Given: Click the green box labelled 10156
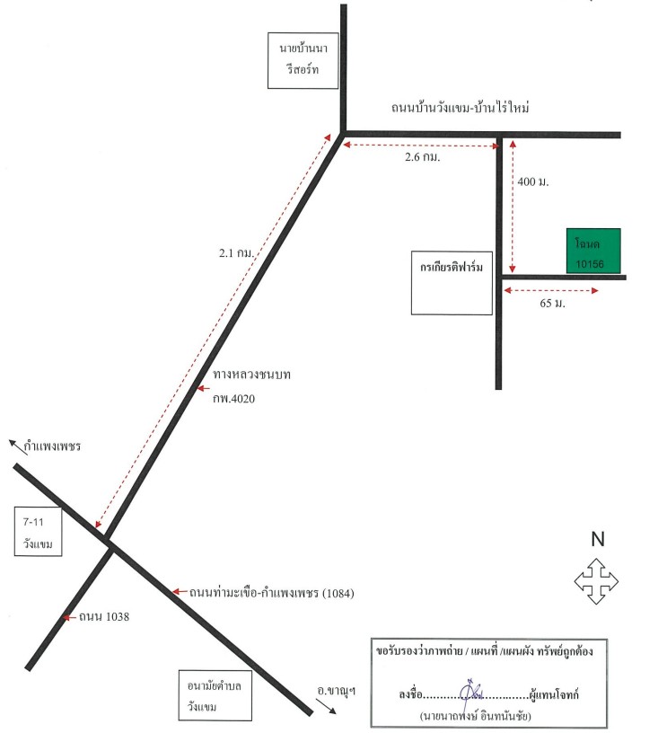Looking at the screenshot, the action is [x=593, y=251].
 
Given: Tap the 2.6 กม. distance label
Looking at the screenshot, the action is [x=422, y=157].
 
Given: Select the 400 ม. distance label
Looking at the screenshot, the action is [x=533, y=181].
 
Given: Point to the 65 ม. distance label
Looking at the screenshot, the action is [x=552, y=303].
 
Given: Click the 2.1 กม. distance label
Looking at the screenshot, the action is [x=236, y=253].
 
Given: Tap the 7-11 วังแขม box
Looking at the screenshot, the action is [x=38, y=532].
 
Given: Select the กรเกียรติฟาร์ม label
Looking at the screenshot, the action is [x=452, y=268].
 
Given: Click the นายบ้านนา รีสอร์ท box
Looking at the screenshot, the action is [x=303, y=60].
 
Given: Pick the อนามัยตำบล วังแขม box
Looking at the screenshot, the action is [x=215, y=695].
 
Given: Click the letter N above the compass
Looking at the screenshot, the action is [x=598, y=539].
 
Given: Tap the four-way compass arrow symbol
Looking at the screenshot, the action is [x=596, y=581].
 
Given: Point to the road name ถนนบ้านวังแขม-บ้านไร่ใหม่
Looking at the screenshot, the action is [x=460, y=108].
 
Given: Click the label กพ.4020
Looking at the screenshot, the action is [x=234, y=398].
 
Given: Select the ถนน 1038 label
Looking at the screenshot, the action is [x=103, y=616].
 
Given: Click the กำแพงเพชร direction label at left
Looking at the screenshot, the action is [x=52, y=446].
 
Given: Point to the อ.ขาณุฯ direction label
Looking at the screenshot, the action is [x=336, y=690].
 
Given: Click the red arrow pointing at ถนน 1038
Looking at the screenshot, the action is [x=70, y=617].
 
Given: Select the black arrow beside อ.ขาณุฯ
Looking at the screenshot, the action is [x=326, y=706].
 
